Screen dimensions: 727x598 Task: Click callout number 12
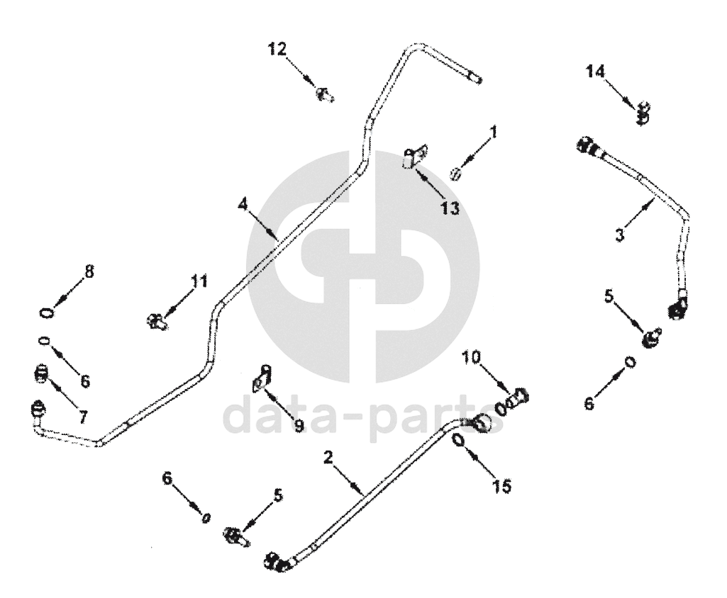[x=277, y=49]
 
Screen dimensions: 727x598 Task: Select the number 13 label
[x=450, y=208]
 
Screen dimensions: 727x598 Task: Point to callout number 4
[x=243, y=204]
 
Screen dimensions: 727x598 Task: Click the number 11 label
[x=199, y=281]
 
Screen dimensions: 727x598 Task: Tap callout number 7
[x=83, y=417]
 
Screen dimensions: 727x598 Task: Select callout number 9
[x=299, y=426]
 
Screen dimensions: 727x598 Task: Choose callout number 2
[x=328, y=457]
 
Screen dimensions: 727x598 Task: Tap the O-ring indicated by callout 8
[x=45, y=312]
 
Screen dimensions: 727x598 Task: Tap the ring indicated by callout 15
[x=458, y=441]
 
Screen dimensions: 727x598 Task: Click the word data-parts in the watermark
[x=365, y=418]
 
